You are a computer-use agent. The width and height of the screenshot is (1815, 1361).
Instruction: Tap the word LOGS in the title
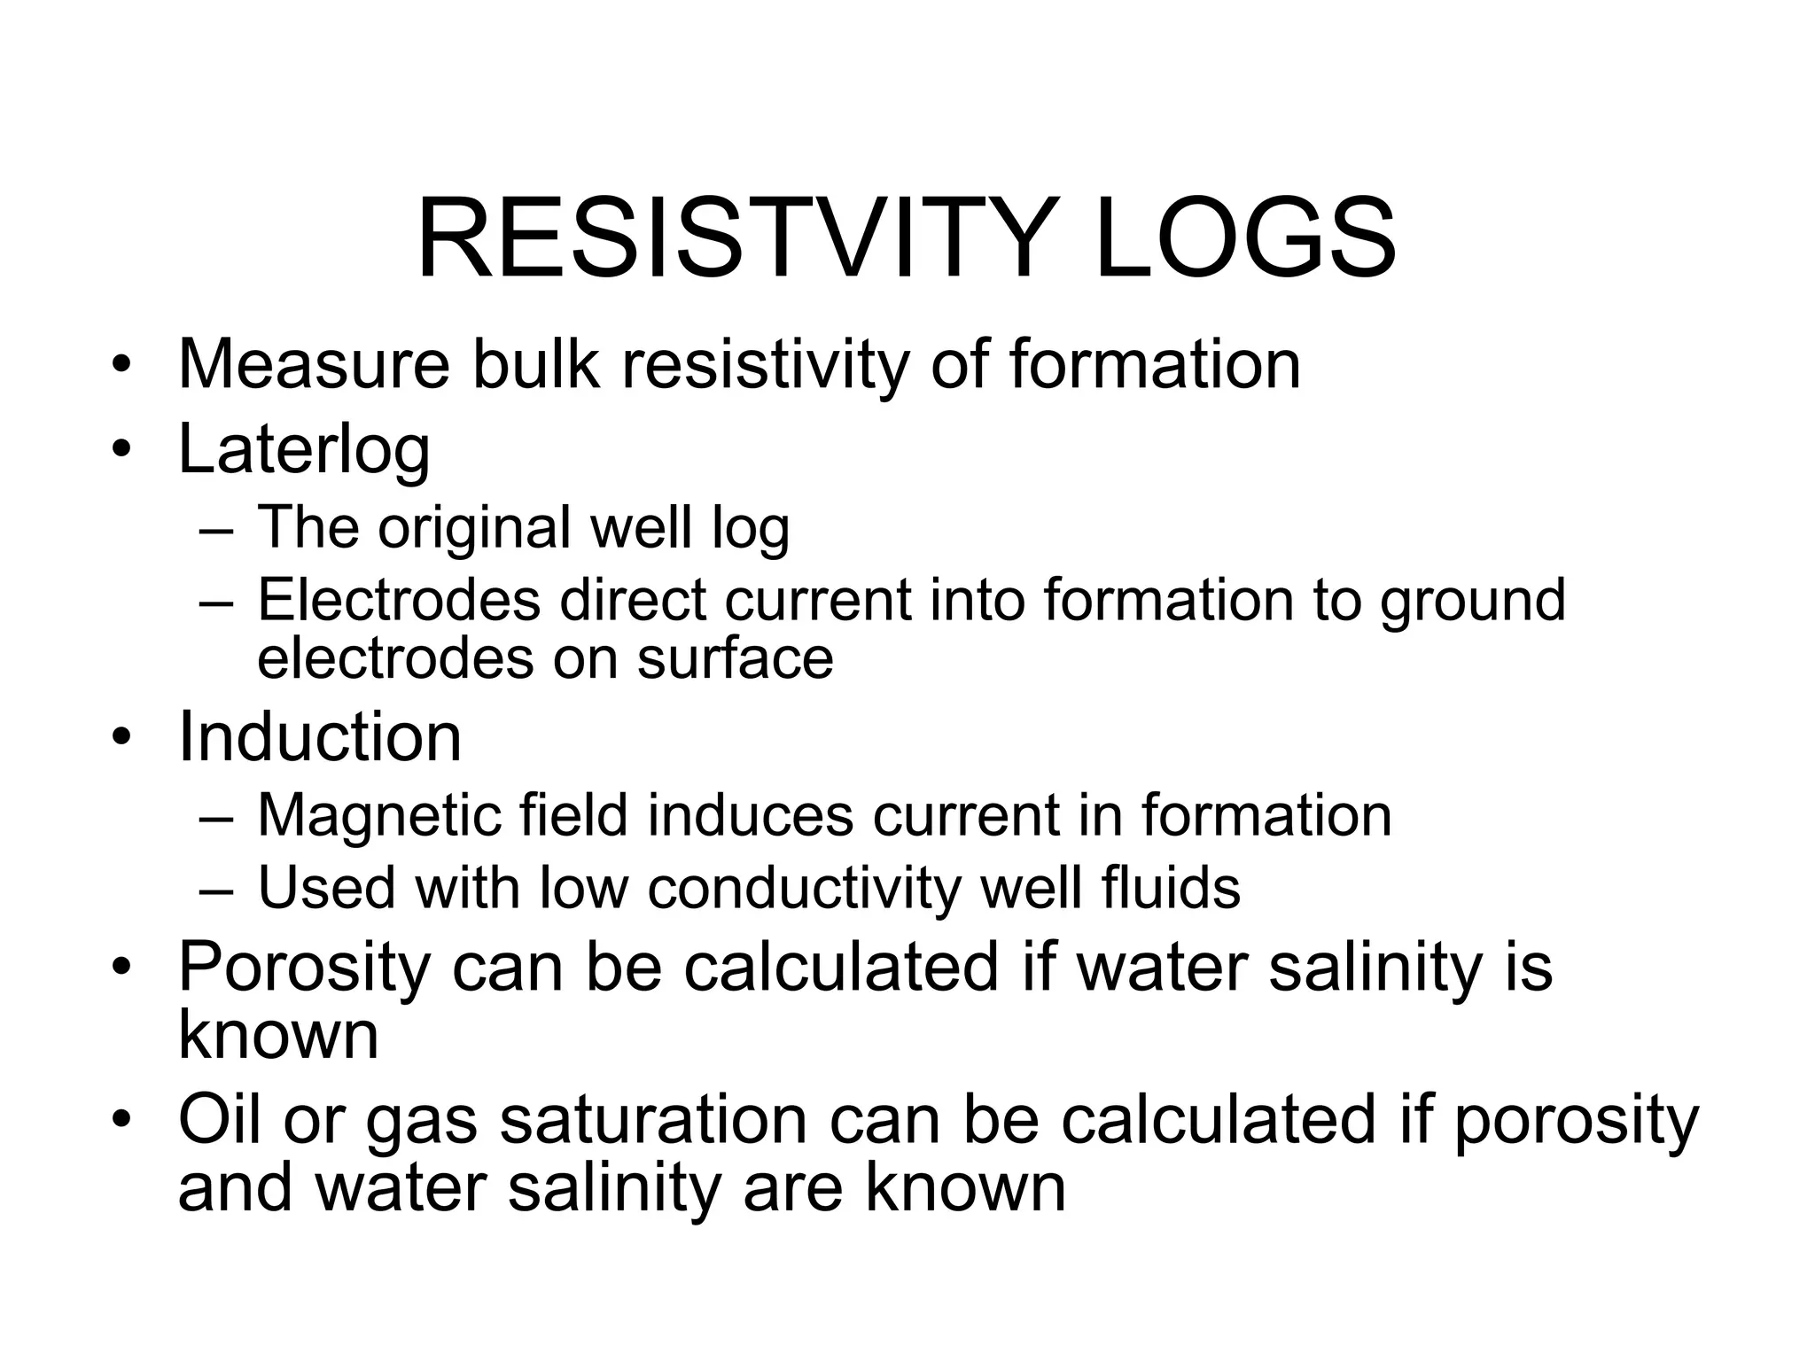point(1245,240)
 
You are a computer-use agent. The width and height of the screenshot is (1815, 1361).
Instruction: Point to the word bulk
point(535,364)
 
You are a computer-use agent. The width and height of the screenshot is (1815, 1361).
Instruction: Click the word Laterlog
point(304,450)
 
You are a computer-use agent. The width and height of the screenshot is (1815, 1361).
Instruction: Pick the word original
point(474,527)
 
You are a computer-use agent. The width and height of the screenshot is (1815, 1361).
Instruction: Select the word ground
point(1472,601)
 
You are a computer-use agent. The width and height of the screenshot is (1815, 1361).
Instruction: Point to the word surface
point(735,658)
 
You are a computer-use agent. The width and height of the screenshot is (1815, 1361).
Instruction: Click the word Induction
point(319,737)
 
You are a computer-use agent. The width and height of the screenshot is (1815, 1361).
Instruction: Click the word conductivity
point(804,888)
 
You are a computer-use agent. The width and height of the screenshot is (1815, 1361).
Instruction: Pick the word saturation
point(653,1120)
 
